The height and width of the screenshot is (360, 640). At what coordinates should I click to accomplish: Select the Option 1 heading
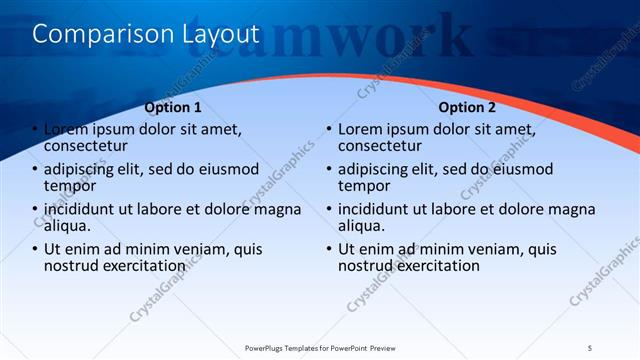pos(173,107)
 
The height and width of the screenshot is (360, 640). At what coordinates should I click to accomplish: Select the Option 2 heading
pos(467,107)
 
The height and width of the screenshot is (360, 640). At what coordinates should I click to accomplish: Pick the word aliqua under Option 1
pos(69,226)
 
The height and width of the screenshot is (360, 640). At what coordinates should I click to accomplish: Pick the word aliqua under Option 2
pos(362,226)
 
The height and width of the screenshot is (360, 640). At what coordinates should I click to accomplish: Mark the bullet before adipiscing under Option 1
pos(34,170)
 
